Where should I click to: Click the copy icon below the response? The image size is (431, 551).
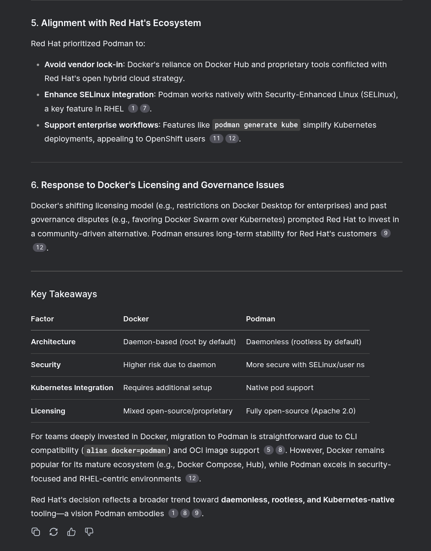(x=36, y=532)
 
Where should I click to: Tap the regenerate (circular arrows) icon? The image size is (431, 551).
(x=53, y=532)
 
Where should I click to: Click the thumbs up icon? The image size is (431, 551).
(x=71, y=532)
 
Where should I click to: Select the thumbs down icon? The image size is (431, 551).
(x=89, y=532)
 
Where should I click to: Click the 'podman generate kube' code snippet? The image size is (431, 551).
(x=256, y=125)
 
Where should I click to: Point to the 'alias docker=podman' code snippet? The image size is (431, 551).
(x=126, y=451)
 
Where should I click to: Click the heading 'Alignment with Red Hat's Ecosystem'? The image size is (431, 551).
(x=121, y=23)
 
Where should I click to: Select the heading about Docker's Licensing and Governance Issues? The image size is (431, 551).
(x=162, y=185)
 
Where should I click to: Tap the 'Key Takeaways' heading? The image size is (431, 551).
(x=64, y=294)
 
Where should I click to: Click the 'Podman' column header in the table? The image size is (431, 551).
(x=261, y=319)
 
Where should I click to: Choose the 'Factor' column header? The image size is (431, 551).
(x=42, y=319)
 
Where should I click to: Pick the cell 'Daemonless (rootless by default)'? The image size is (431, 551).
(x=303, y=342)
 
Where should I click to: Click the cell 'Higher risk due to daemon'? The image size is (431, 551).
(x=169, y=365)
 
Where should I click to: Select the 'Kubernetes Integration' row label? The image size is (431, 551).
(x=72, y=388)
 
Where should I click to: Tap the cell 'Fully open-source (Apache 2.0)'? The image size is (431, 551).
(x=301, y=411)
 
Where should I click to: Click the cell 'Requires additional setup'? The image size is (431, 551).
(x=167, y=388)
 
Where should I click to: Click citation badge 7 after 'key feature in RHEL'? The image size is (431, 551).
(x=145, y=108)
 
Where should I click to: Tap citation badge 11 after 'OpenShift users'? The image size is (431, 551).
(x=216, y=138)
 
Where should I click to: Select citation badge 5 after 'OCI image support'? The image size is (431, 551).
(x=268, y=450)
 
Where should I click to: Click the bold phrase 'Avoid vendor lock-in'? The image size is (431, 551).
(x=83, y=64)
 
